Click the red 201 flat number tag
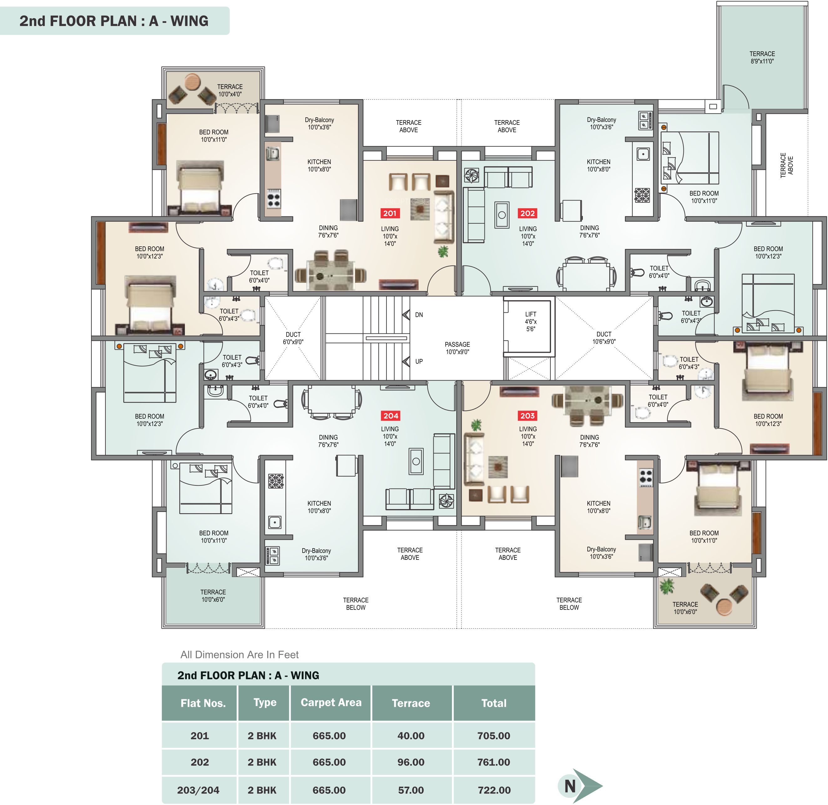tap(390, 214)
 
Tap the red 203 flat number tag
tap(527, 416)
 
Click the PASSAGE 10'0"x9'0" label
tap(457, 348)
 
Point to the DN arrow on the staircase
tap(406, 315)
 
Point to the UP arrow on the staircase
tap(406, 361)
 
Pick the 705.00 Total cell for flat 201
tap(494, 736)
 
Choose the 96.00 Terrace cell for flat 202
tap(411, 762)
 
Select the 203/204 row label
tap(198, 790)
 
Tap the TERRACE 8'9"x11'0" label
tap(762, 58)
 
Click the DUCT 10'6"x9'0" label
tap(604, 338)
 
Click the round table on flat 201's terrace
tap(192, 81)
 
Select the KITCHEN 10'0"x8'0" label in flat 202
tap(598, 165)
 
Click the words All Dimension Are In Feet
tap(239, 655)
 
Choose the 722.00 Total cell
tap(494, 790)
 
